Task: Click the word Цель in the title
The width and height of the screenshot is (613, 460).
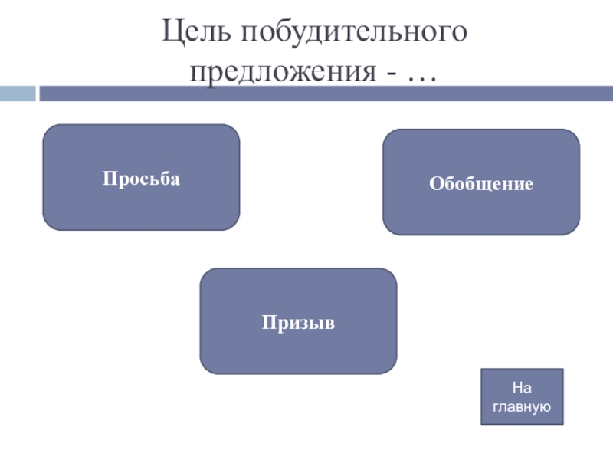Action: tap(197, 33)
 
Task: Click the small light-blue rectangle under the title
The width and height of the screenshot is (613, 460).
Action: tap(18, 94)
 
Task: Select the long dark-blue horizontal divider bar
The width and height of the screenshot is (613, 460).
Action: tap(326, 94)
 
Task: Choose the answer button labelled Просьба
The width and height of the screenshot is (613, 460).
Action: tap(141, 178)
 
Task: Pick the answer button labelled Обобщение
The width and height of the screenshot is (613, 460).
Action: tap(481, 183)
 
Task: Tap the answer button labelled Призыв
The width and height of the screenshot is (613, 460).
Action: tap(298, 321)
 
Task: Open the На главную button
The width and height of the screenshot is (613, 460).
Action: tap(521, 396)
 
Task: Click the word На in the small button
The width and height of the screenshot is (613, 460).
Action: tap(521, 388)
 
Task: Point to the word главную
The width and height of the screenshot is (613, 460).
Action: tap(521, 406)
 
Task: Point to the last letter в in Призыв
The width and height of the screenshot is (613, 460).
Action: tap(331, 323)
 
